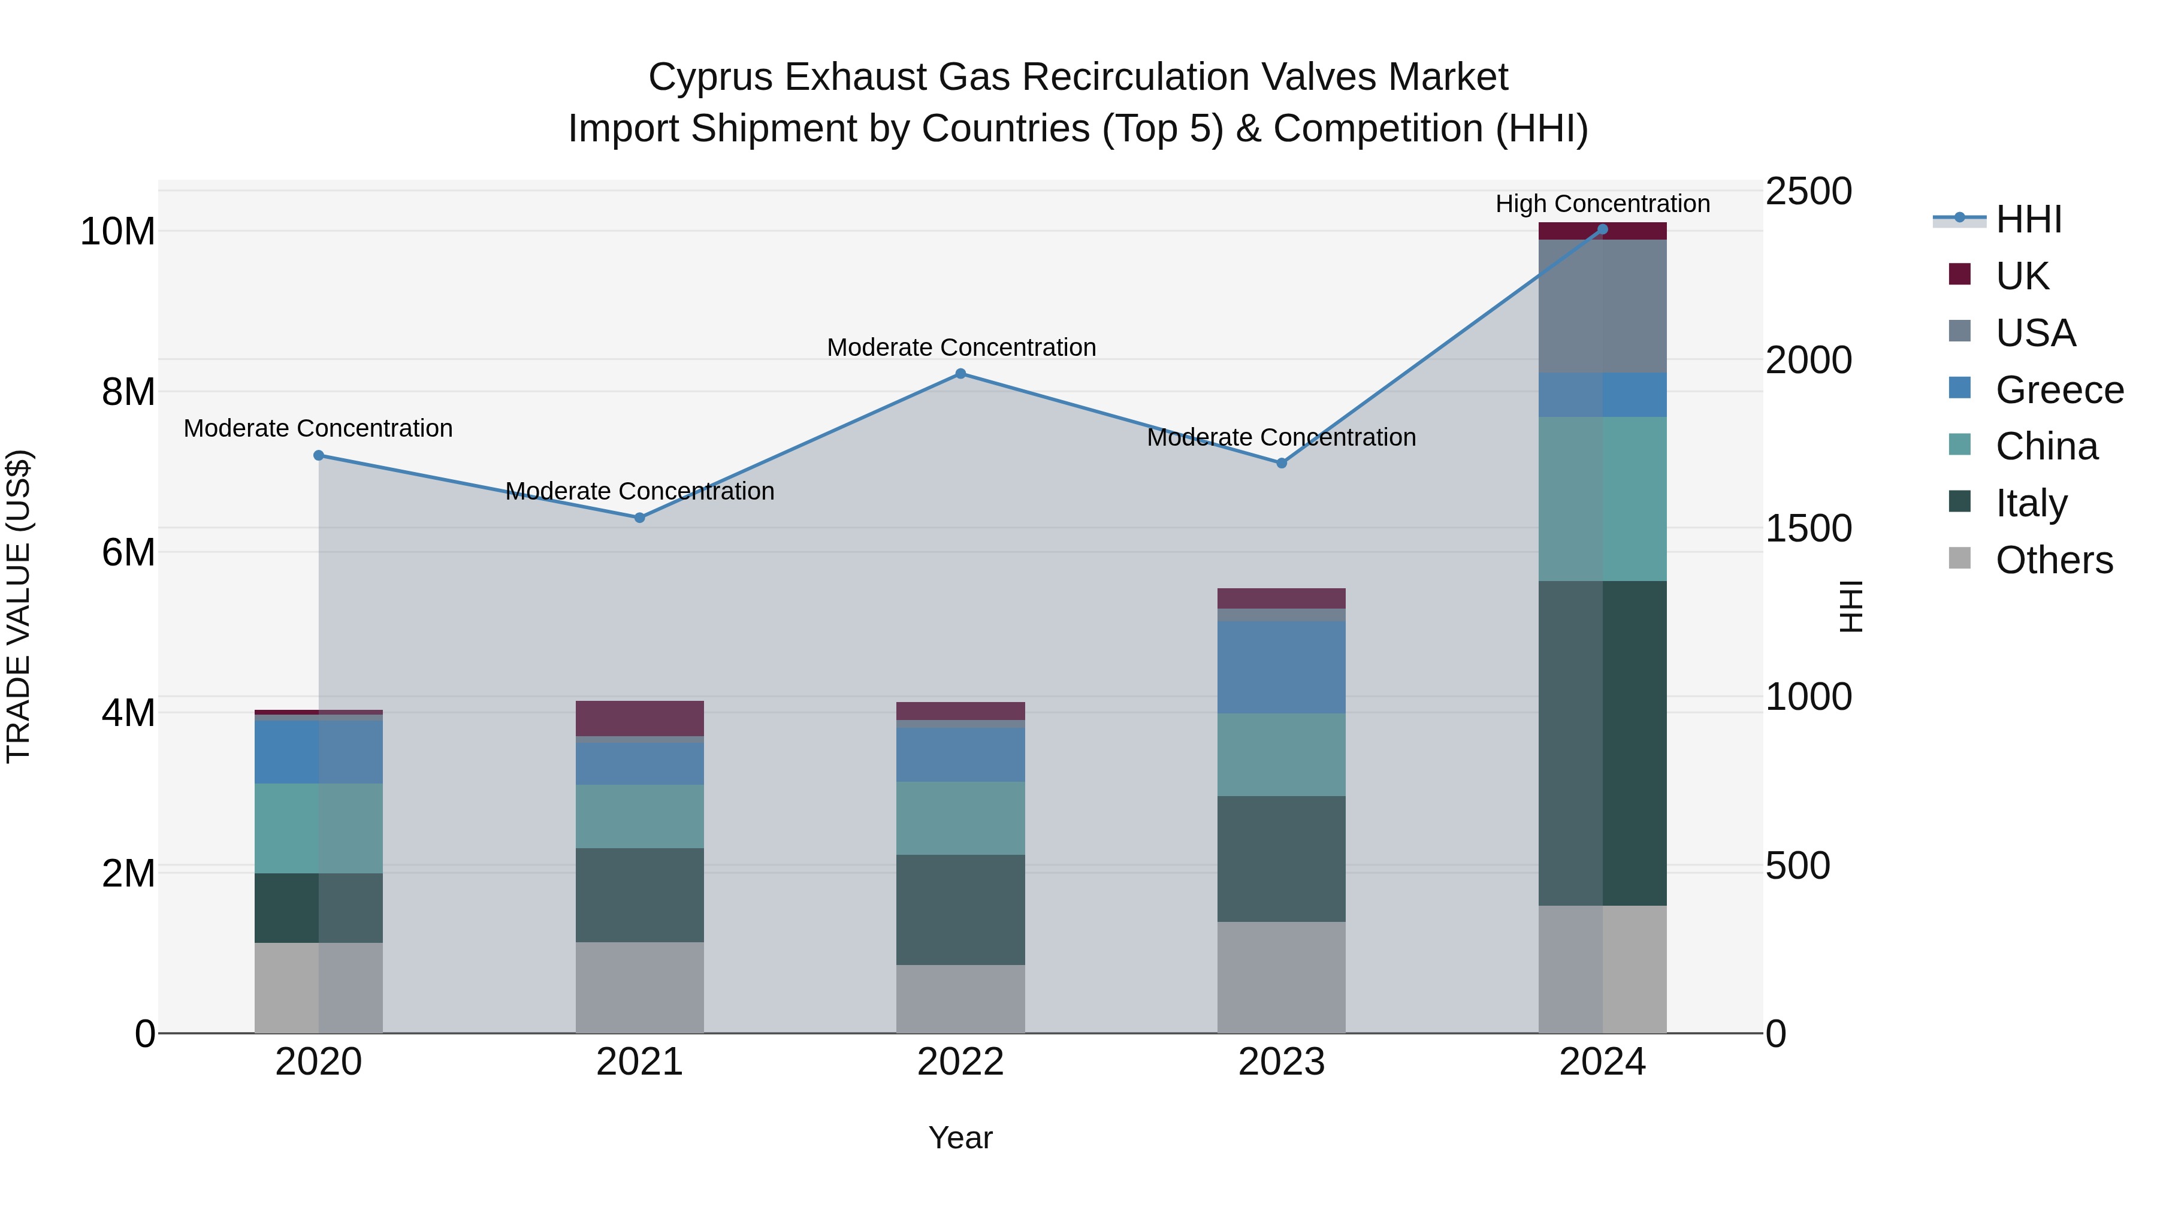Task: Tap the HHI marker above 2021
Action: click(x=640, y=518)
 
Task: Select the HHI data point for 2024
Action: click(x=1603, y=229)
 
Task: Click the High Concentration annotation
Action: click(x=1603, y=204)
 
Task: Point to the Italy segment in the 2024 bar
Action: click(x=1603, y=743)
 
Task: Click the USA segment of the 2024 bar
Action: click(x=1603, y=305)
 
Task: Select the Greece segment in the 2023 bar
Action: click(x=1281, y=667)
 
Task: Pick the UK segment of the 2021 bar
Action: click(x=640, y=718)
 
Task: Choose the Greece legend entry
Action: click(x=2059, y=390)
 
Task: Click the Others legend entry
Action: click(x=2053, y=560)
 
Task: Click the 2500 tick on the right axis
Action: click(x=1809, y=191)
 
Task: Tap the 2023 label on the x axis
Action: click(x=1281, y=1062)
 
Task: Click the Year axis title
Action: click(x=960, y=1138)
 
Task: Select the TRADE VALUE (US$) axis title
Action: click(x=19, y=606)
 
